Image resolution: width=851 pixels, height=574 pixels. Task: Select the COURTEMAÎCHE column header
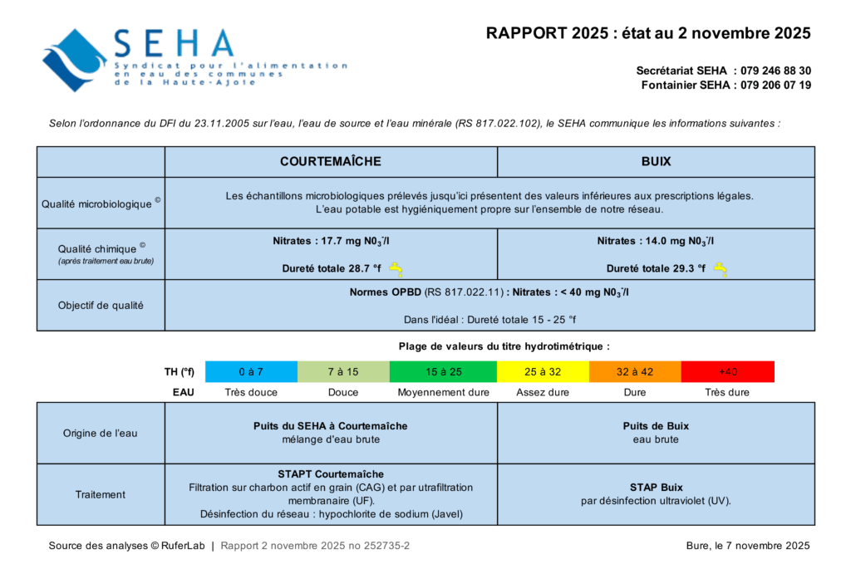331,161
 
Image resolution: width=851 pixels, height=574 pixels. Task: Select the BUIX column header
656,161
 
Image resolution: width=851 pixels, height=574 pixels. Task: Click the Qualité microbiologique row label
101,203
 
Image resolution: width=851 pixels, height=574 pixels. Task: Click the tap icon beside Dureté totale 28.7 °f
396,268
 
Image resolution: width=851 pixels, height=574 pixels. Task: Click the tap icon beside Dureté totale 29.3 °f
720,268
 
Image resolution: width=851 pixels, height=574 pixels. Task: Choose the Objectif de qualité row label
101,305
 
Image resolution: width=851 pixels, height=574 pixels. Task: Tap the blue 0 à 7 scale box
251,371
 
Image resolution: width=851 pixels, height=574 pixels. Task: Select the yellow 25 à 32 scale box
543,371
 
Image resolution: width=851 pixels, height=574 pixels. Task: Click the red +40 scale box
727,371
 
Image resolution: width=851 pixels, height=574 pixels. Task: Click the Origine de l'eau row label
101,433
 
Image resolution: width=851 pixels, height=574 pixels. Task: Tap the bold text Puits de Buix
656,426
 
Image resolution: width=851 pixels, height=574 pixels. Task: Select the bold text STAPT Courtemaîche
331,474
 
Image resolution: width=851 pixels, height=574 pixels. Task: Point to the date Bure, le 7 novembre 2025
743,546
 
